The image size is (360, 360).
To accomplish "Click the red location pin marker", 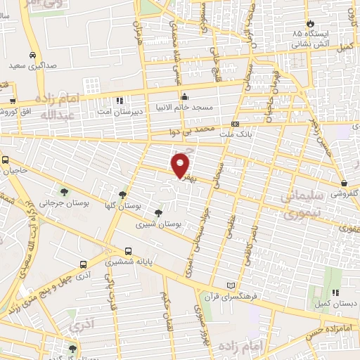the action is coord(181,165).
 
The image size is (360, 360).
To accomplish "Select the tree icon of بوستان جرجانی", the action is coord(65,191).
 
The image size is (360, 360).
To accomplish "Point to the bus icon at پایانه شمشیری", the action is coord(128,250).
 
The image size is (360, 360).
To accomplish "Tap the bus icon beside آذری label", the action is coord(84,265).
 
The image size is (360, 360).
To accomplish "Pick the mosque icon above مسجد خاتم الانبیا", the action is coord(184,97).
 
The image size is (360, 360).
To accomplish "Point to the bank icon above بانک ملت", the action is coord(235,124).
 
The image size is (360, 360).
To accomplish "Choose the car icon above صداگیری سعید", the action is coord(33,54).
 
